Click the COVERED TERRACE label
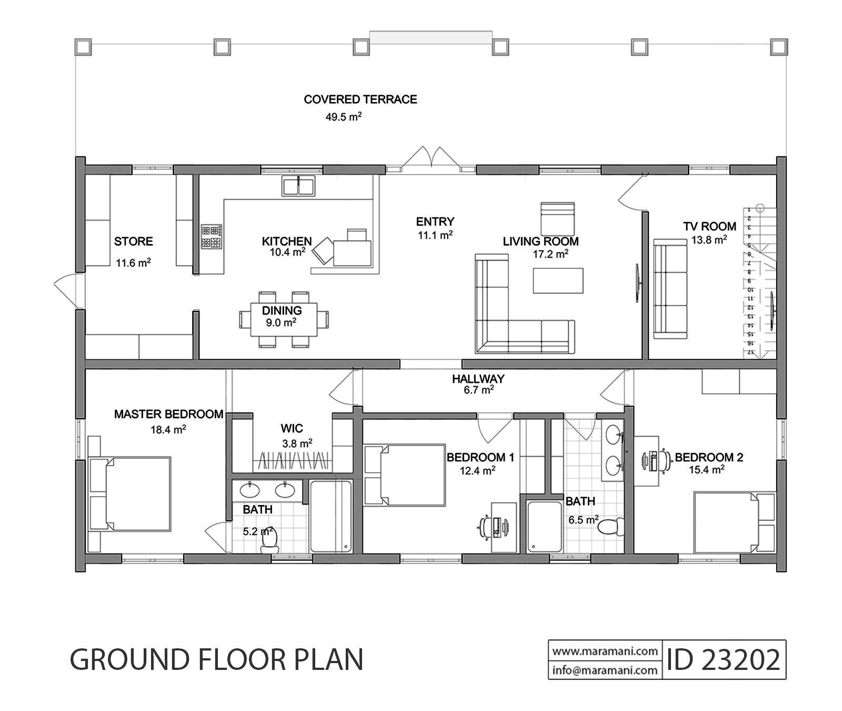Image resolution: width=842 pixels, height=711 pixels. coord(360,99)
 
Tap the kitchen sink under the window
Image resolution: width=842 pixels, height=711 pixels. coord(298,186)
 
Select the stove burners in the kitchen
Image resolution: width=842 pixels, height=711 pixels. coord(211,237)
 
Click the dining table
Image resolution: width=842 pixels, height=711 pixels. coord(284,319)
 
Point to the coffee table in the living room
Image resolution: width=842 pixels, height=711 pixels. coord(558,280)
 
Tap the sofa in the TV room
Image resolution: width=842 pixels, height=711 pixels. coord(670,289)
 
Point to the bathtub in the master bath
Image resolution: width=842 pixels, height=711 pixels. coord(330,516)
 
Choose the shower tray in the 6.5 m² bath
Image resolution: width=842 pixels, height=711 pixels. coord(545,527)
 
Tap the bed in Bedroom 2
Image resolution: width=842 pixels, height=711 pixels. coord(735,522)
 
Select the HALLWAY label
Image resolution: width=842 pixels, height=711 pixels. coord(478,379)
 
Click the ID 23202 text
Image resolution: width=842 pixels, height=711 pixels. coord(723,659)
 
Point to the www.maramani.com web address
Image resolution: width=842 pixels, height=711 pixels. coord(605,651)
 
